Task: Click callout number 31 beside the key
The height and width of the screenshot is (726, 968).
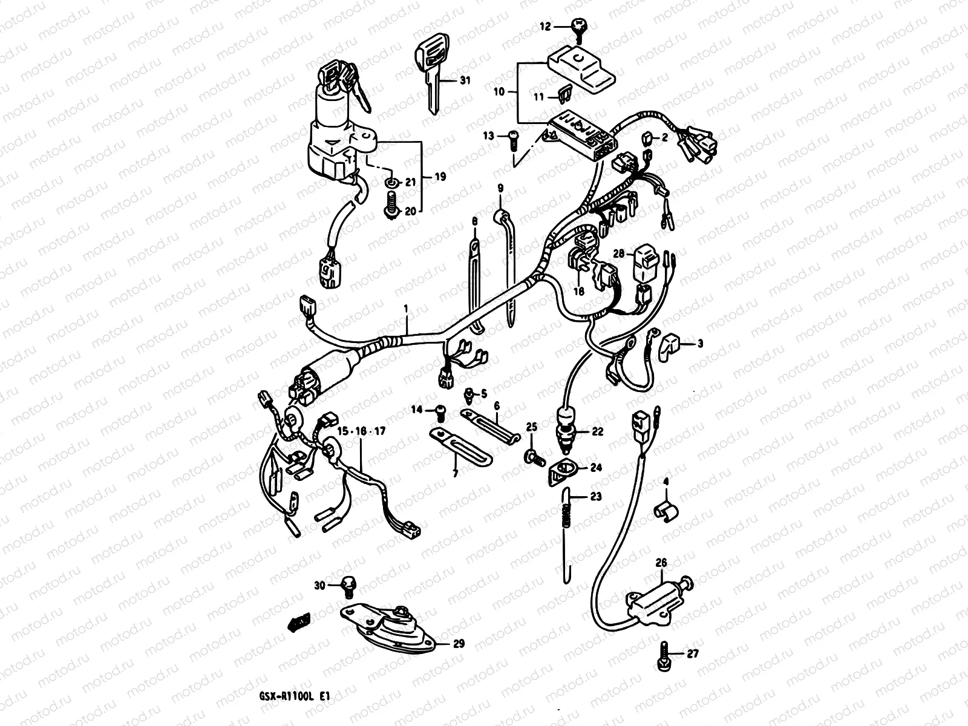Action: pos(464,80)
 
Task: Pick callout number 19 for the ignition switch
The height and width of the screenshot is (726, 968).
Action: pos(440,177)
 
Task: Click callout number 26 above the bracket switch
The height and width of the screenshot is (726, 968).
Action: pos(661,563)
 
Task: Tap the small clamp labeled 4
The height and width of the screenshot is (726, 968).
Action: pos(666,511)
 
